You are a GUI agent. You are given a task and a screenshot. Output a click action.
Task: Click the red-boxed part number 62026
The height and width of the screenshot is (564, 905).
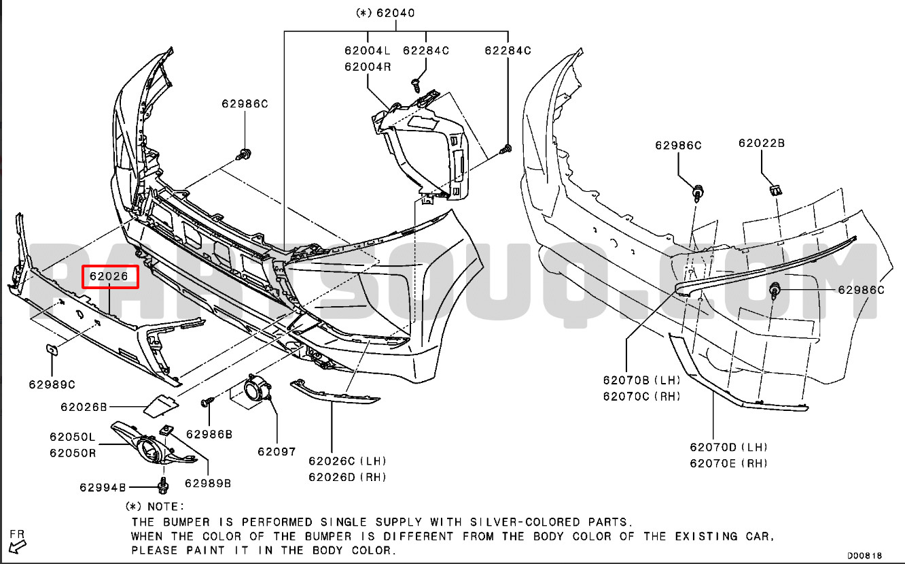click(109, 276)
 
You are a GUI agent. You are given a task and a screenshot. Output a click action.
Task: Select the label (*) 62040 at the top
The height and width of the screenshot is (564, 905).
click(385, 13)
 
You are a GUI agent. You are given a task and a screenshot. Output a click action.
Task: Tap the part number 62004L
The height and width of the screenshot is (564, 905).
click(368, 50)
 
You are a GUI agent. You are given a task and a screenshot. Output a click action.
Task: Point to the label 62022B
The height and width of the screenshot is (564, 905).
click(762, 144)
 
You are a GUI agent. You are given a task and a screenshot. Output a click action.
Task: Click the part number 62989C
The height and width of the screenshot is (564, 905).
click(52, 384)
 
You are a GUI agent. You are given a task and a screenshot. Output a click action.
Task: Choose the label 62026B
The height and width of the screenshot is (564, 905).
click(84, 407)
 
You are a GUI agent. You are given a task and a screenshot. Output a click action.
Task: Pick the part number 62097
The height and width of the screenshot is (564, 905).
click(277, 452)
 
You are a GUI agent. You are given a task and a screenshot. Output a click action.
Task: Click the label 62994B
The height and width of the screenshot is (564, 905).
click(103, 488)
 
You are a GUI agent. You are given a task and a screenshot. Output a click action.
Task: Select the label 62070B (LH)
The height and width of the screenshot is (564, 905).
click(642, 380)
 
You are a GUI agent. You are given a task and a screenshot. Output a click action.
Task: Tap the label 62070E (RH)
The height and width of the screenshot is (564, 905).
click(729, 463)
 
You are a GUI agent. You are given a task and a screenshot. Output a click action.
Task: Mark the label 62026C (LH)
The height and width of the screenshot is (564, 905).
click(347, 461)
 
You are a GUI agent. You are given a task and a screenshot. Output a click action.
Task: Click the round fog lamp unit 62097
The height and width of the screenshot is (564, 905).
click(256, 390)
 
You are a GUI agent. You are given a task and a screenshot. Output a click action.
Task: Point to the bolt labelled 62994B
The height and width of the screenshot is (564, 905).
click(163, 486)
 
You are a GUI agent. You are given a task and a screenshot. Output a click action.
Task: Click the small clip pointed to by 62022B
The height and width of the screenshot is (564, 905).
click(776, 190)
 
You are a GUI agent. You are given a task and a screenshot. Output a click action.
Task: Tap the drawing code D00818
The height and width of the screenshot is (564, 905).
click(865, 556)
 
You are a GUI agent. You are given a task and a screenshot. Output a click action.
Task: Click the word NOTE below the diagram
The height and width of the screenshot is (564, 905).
click(165, 507)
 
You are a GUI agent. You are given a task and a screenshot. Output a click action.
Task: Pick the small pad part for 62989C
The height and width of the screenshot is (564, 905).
click(52, 350)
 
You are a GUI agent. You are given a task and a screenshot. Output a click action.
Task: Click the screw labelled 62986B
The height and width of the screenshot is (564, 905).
click(207, 402)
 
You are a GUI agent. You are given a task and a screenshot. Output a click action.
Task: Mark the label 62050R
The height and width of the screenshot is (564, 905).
click(73, 453)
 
